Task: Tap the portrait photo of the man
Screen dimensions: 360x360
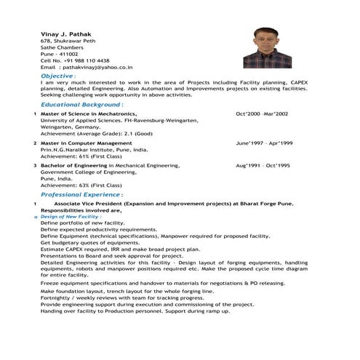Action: click(x=272, y=48)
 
